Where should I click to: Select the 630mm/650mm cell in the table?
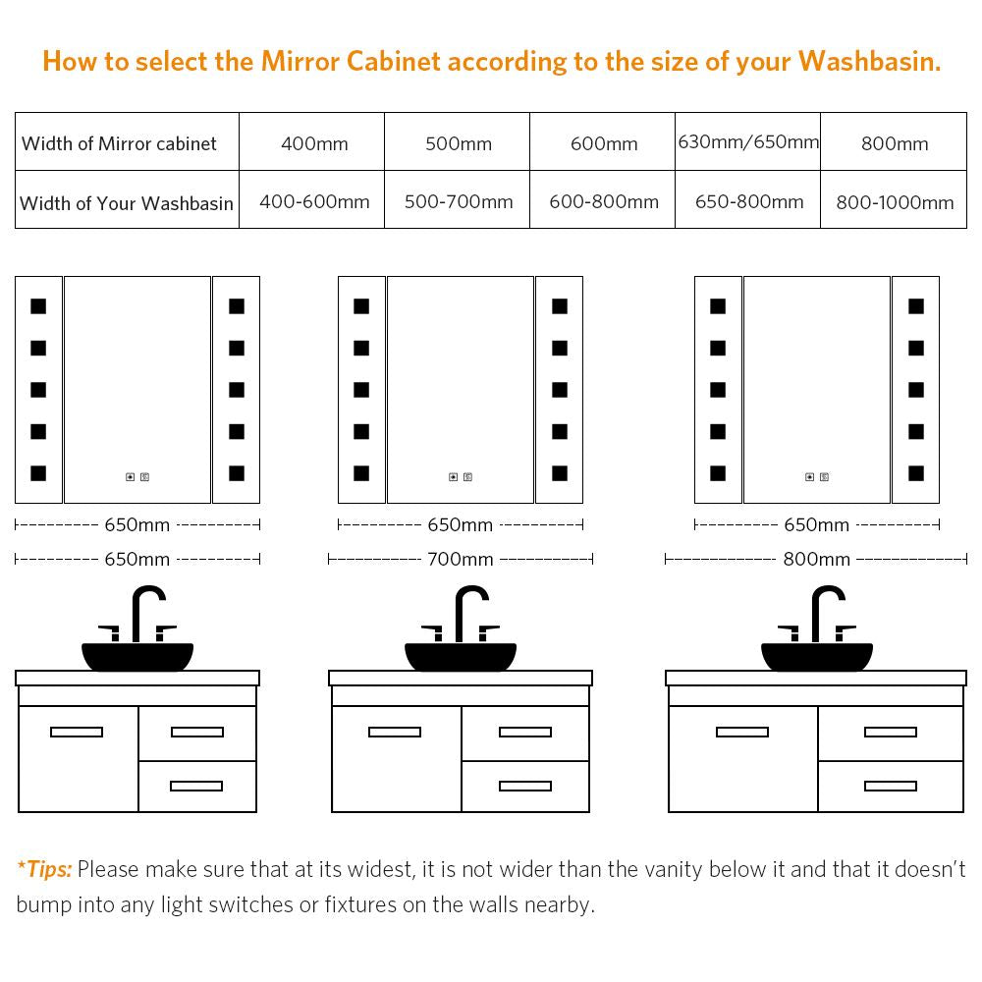(x=748, y=141)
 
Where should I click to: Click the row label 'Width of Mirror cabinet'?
(x=119, y=143)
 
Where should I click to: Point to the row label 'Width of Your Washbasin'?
(x=127, y=203)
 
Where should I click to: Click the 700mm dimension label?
(x=461, y=559)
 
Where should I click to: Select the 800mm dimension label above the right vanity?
(x=817, y=559)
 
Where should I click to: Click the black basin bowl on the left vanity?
(x=137, y=656)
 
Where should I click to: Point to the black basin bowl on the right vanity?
(x=817, y=656)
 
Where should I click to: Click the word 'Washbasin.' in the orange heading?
(x=869, y=61)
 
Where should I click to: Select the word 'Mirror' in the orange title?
(x=300, y=61)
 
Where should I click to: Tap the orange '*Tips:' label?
(x=44, y=869)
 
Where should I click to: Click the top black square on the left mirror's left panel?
(x=38, y=306)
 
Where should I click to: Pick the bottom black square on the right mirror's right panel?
(x=916, y=473)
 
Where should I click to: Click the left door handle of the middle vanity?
(x=395, y=732)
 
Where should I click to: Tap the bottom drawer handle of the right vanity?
(x=891, y=786)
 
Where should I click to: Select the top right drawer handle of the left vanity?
(x=197, y=732)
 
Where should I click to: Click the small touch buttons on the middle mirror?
(x=461, y=477)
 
